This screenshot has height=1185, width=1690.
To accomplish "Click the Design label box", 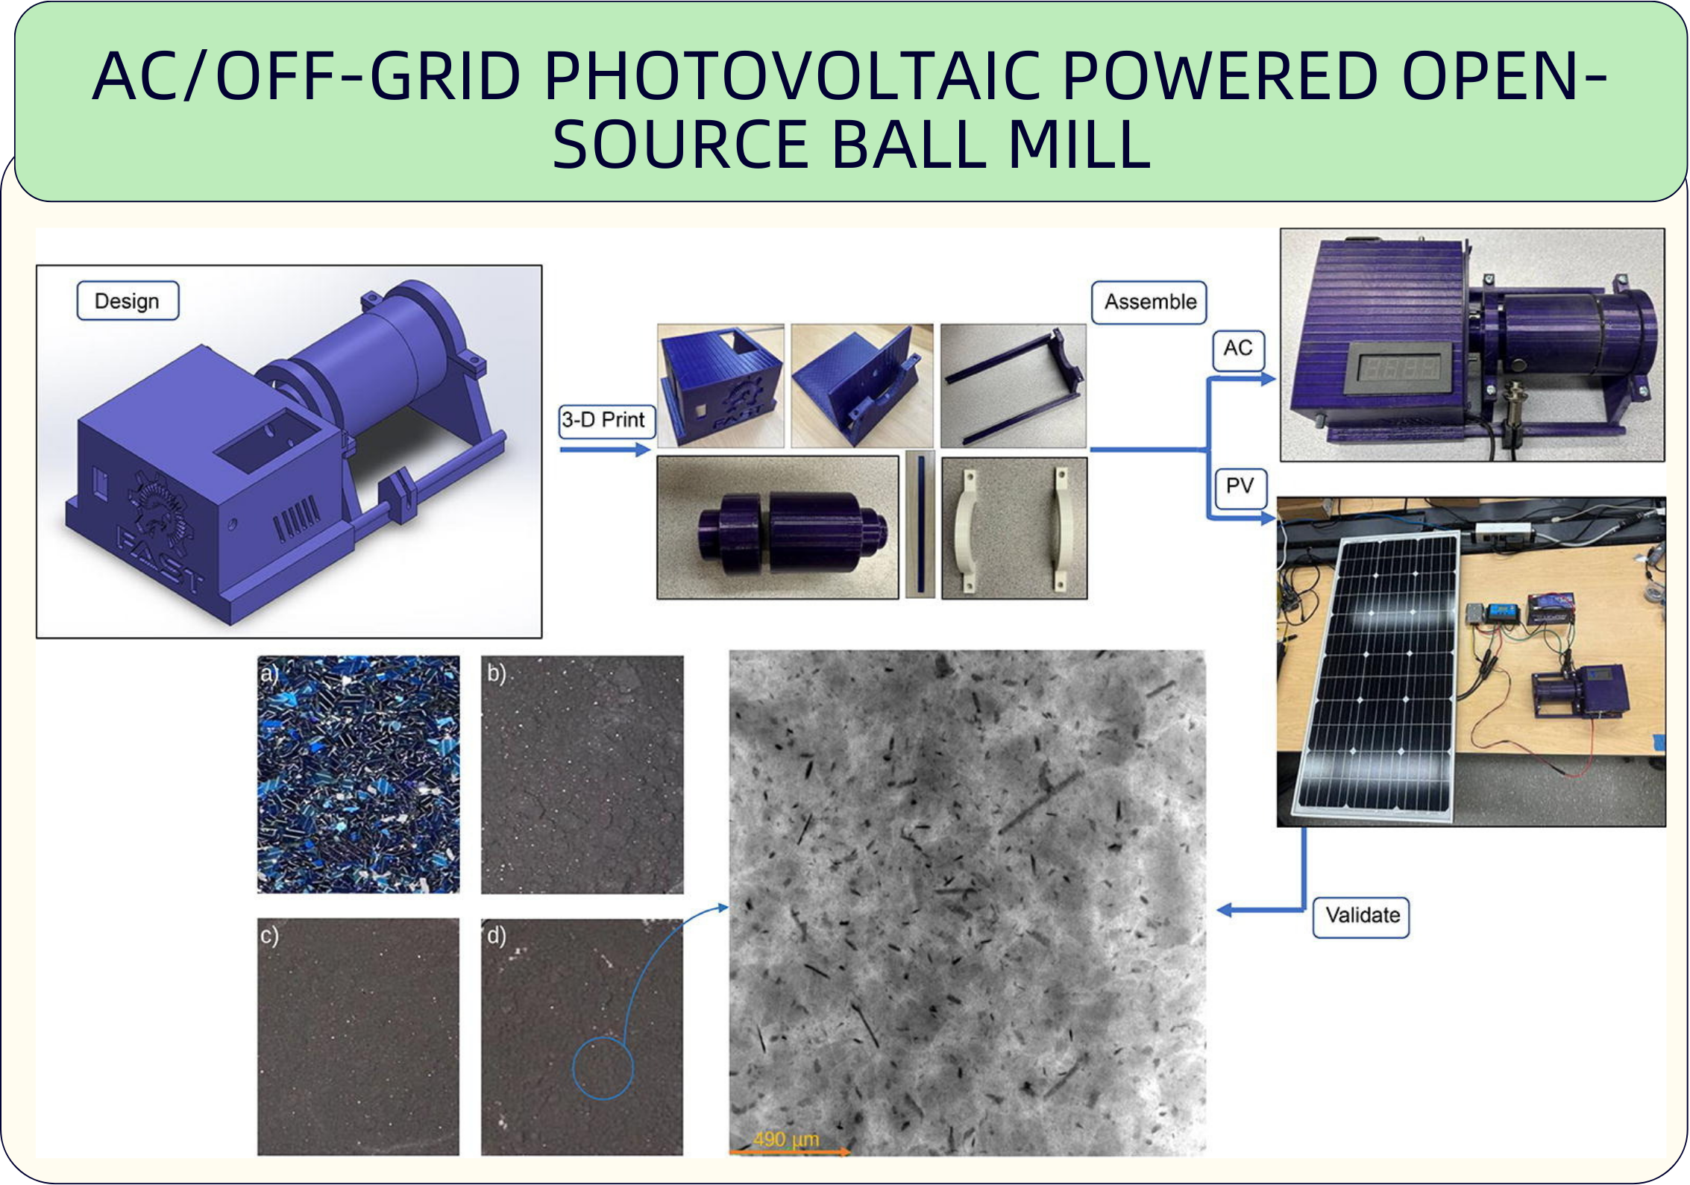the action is click(128, 301).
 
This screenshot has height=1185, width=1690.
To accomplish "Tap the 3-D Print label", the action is click(607, 421).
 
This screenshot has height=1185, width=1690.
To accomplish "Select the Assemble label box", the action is click(1149, 302).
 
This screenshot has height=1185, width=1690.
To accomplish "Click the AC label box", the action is click(1238, 348).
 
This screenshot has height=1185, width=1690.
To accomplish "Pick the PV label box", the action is click(1240, 486).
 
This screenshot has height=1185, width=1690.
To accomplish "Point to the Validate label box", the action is click(1361, 916).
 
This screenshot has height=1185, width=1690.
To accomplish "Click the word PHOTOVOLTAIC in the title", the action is click(791, 77).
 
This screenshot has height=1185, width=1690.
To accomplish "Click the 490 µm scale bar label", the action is click(785, 1139).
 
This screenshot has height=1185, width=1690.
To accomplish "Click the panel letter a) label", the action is click(269, 674).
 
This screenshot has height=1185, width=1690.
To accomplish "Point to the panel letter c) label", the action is click(269, 934).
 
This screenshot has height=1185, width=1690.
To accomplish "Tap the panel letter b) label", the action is click(496, 673).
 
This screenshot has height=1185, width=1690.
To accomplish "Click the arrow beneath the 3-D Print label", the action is click(605, 449).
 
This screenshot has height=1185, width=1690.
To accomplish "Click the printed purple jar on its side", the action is click(793, 532).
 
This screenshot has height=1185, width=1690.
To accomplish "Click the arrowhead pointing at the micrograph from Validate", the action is click(1225, 910).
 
